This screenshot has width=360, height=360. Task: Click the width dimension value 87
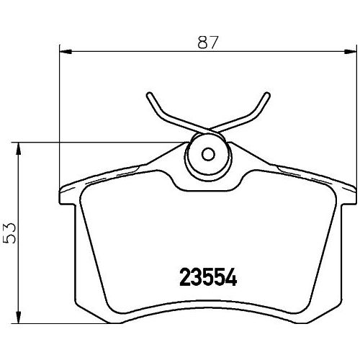coord(208,42)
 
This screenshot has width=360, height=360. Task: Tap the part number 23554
coord(208,277)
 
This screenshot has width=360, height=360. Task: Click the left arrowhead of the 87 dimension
coord(66,51)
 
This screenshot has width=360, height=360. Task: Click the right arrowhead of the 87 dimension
coord(351,51)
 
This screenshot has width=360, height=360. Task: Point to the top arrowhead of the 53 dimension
coord(19,149)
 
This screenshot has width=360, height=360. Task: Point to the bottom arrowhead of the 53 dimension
coord(19,317)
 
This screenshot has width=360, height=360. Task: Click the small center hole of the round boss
coord(208,154)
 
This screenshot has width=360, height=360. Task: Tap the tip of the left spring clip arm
coord(149,95)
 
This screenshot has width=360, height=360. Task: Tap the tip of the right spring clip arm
coord(267,95)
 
